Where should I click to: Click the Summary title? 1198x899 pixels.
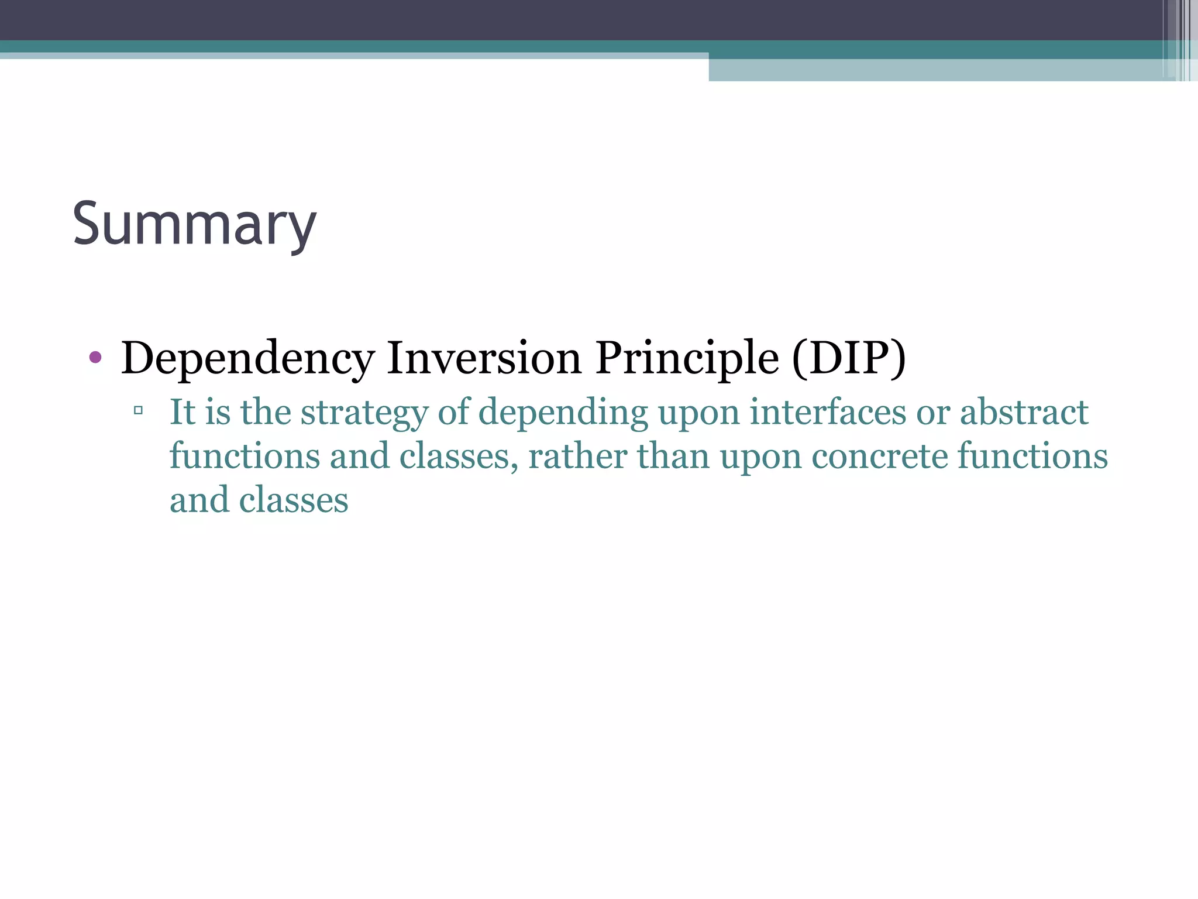coord(194,225)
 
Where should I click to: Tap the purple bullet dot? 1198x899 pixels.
coord(95,357)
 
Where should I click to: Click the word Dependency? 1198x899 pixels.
coord(247,358)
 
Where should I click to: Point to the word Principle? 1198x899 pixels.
coord(687,358)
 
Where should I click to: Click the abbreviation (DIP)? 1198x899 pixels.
coord(848,358)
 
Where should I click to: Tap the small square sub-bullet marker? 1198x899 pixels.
coord(138,410)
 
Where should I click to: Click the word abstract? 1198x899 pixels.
coord(1024,412)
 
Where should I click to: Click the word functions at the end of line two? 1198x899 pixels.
coord(1032,457)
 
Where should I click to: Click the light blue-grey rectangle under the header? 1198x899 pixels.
coord(936,70)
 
